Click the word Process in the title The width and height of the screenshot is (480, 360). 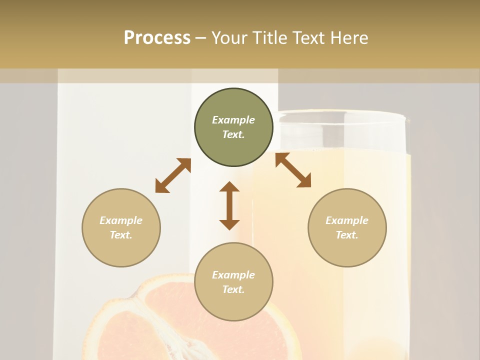[157, 38]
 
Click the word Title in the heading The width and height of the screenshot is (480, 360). [270, 38]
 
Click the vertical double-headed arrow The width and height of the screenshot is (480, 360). [229, 206]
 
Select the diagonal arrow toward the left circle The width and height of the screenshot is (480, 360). [173, 175]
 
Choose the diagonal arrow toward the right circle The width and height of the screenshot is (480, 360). [293, 170]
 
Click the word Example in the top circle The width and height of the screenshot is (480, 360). [233, 120]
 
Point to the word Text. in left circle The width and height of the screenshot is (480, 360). [121, 235]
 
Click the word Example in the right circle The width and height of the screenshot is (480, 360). [347, 220]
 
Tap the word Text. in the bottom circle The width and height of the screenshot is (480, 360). [233, 289]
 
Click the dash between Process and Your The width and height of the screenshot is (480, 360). [201, 38]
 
